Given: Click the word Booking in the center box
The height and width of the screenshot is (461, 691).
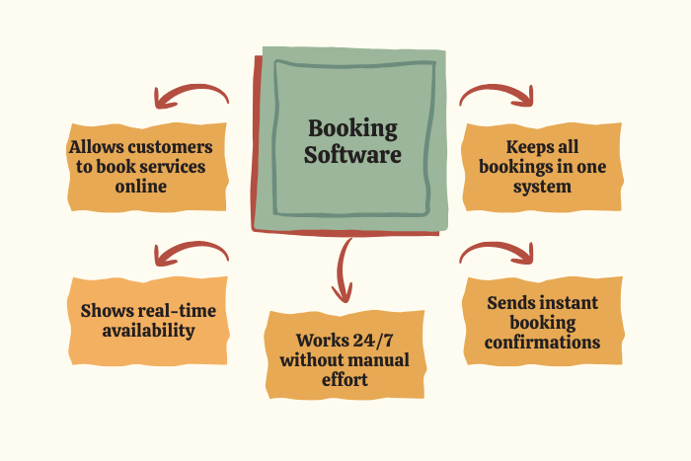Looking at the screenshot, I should pos(352,128).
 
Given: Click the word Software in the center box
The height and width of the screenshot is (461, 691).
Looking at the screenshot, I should pos(352,155).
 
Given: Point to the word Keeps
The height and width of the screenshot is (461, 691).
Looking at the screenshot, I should pos(519,147).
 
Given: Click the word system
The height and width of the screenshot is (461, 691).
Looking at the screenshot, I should pos(542,186).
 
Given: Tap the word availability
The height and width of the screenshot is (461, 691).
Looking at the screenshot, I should pos(147,330).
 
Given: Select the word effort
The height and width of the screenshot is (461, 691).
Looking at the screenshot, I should pos(345,379).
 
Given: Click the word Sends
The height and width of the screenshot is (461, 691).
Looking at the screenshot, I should pos(513,303).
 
